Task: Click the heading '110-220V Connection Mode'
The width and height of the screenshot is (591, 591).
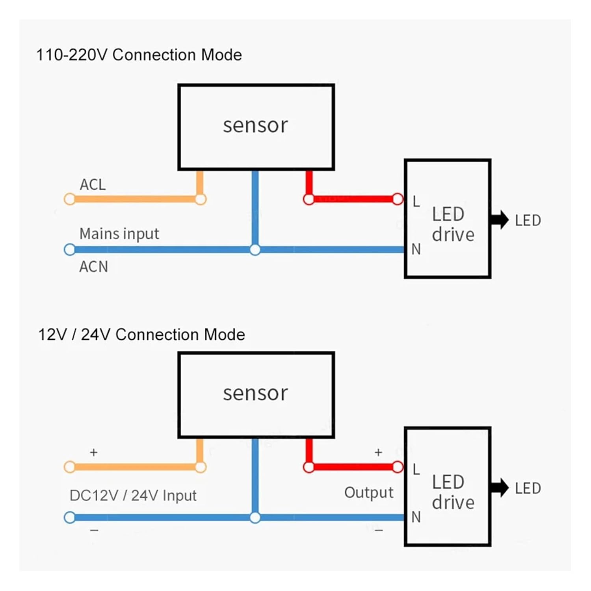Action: pyautogui.click(x=139, y=55)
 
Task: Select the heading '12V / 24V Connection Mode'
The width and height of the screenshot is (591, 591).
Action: pyautogui.click(x=141, y=335)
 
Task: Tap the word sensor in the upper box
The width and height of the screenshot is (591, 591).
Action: pyautogui.click(x=255, y=125)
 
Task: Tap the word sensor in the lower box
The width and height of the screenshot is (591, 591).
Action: pyautogui.click(x=255, y=393)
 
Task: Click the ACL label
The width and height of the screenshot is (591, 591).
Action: pyautogui.click(x=93, y=184)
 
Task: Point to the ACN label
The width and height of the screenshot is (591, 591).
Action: pyautogui.click(x=93, y=267)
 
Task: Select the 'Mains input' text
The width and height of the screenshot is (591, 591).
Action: pyautogui.click(x=119, y=234)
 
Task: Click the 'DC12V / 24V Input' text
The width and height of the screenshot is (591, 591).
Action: pyautogui.click(x=133, y=495)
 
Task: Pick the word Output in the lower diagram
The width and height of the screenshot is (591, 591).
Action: pyautogui.click(x=368, y=492)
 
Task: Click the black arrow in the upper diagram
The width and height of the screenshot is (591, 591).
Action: pyautogui.click(x=499, y=220)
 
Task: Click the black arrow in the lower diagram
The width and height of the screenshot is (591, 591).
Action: pyautogui.click(x=499, y=488)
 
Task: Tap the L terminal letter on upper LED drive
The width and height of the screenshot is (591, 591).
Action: pyautogui.click(x=416, y=202)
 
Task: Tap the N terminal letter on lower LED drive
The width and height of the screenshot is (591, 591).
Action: pyautogui.click(x=416, y=517)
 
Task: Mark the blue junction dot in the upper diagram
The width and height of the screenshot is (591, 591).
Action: pyautogui.click(x=255, y=250)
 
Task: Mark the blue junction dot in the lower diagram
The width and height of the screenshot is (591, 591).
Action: pyautogui.click(x=255, y=518)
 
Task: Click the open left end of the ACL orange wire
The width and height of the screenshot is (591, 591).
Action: pyautogui.click(x=70, y=199)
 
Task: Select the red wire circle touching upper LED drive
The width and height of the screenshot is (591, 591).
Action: pyautogui.click(x=398, y=199)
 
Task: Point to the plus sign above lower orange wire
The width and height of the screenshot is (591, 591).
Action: pyautogui.click(x=93, y=452)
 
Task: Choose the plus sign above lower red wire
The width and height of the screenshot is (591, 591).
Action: pyautogui.click(x=378, y=452)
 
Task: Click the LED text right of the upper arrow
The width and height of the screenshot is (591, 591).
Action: pyautogui.click(x=528, y=221)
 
